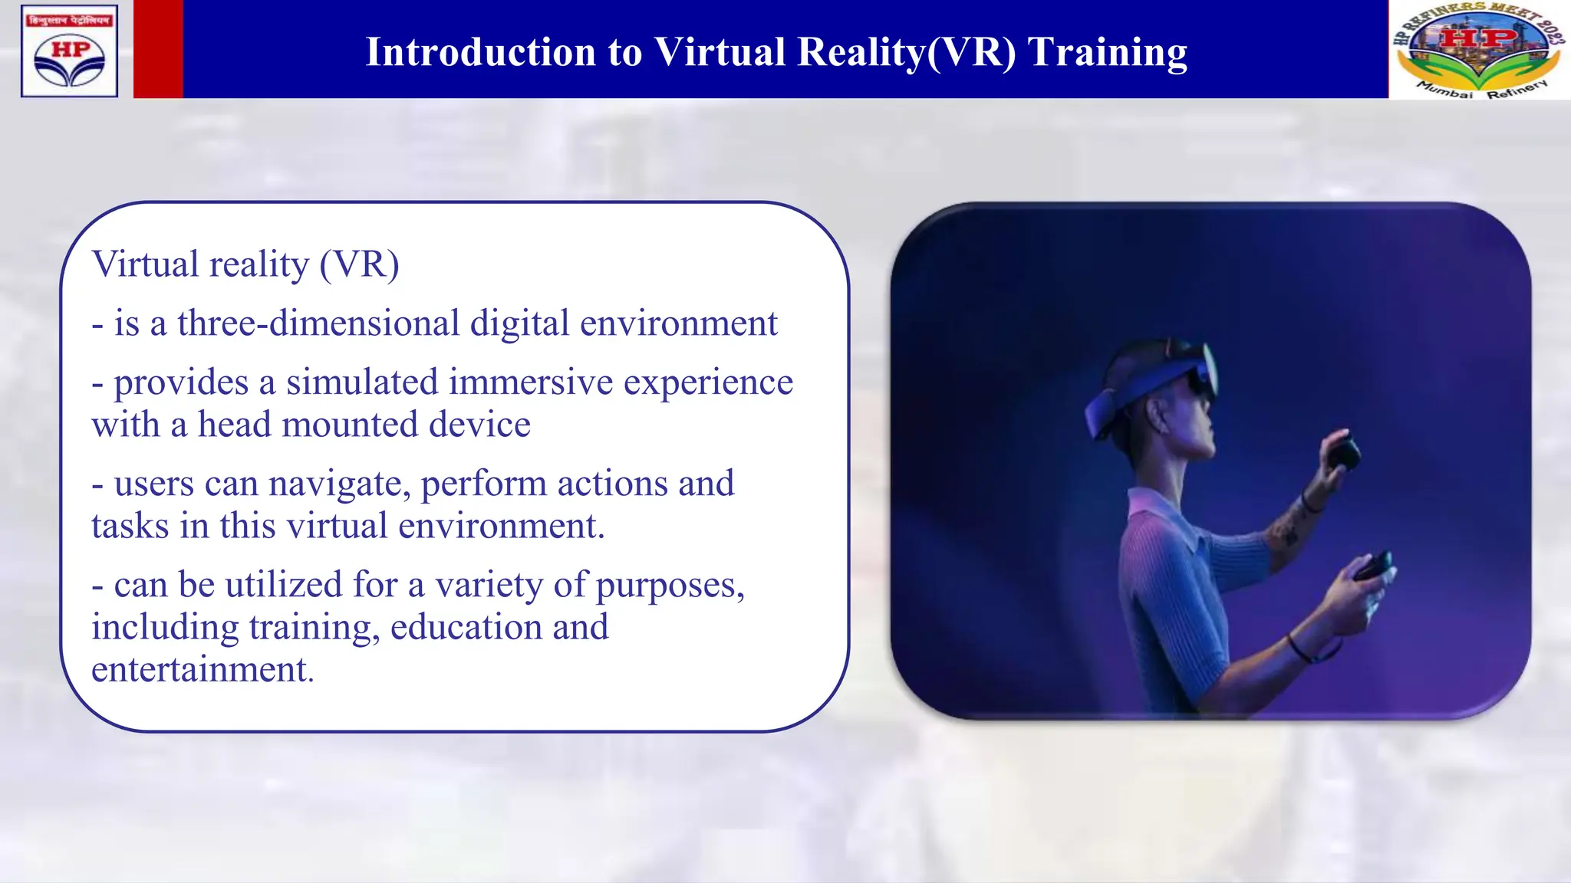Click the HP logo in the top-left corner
pyautogui.click(x=70, y=51)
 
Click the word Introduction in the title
pyautogui.click(x=480, y=52)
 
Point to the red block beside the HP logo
pyautogui.click(x=158, y=49)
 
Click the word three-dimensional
pyautogui.click(x=318, y=323)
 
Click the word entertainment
pyautogui.click(x=203, y=669)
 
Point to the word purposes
pyautogui.click(x=670, y=586)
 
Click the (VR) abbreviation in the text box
pyautogui.click(x=360, y=264)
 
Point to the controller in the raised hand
pyautogui.click(x=1343, y=453)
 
